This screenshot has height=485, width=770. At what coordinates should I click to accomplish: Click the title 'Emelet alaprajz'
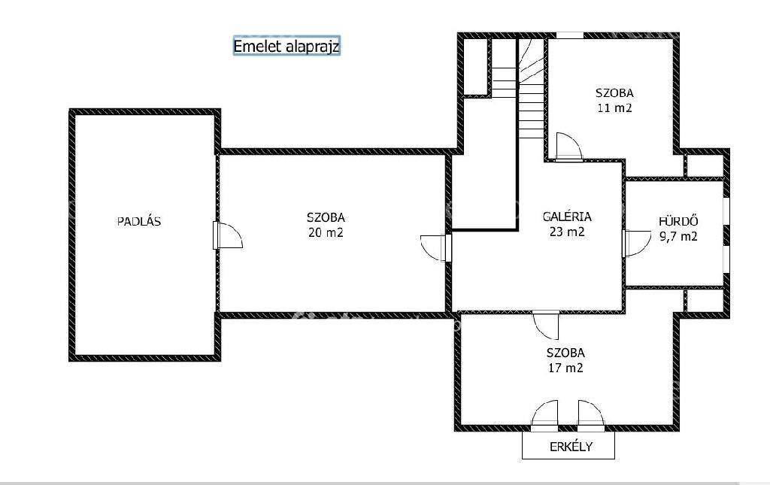286,46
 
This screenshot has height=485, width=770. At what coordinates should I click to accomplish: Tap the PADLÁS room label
139,221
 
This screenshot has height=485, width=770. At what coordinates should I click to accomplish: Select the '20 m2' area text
326,232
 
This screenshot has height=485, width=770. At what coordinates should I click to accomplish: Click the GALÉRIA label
567,217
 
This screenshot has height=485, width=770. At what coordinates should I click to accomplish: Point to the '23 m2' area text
567,231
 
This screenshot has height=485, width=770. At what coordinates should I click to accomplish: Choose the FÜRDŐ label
678,221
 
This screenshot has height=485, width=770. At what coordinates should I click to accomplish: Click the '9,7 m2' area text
678,236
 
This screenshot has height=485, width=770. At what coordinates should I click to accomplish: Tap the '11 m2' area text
614,108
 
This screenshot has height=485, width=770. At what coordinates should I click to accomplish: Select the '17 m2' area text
565,367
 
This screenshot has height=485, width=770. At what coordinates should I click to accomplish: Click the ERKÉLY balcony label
571,447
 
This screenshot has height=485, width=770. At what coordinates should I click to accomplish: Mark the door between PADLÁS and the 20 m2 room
227,235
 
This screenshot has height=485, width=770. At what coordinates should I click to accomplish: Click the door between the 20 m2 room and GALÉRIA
436,248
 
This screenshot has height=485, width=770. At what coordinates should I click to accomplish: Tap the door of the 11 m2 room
568,147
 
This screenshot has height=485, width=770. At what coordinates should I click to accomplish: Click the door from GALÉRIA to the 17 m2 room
546,325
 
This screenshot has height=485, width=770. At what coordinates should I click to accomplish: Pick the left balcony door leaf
544,416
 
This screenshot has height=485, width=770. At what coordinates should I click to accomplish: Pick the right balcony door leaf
591,416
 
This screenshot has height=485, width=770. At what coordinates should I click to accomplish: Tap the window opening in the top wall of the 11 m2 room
570,35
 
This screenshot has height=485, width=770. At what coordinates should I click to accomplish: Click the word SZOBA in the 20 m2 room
326,217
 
